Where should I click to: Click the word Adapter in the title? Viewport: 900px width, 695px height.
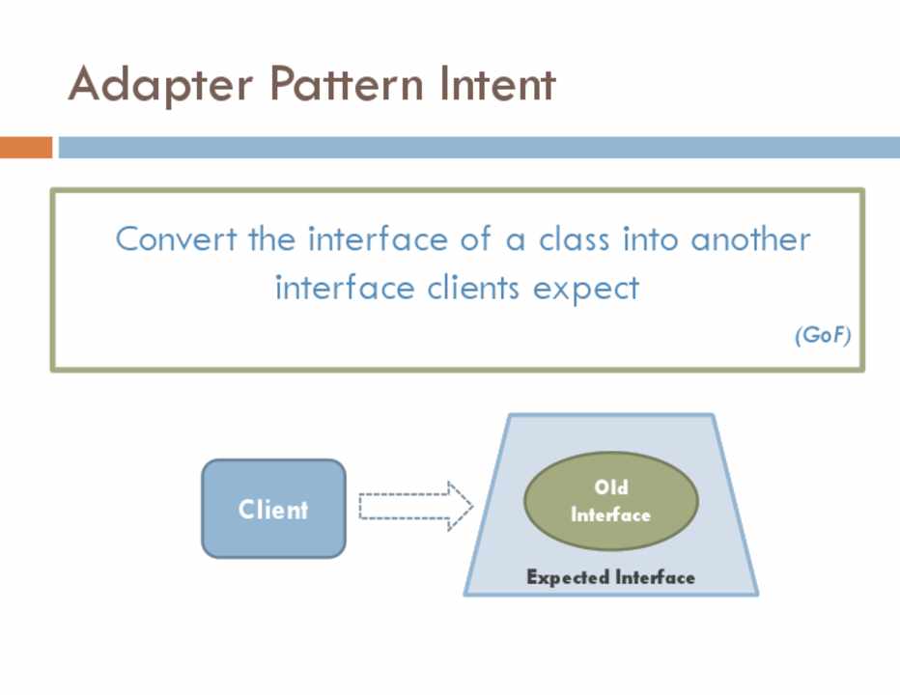point(160,85)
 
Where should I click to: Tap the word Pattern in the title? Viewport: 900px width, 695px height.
point(346,85)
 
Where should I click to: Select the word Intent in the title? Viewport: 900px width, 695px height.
point(497,85)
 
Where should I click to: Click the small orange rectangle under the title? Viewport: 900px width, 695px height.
point(26,148)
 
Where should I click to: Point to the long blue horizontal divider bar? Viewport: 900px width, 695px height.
point(478,148)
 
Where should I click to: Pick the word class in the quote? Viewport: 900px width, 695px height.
point(574,238)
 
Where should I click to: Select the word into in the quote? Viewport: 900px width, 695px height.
point(650,238)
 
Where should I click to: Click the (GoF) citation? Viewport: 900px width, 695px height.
point(823,336)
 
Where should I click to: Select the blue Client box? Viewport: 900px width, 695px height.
point(273,509)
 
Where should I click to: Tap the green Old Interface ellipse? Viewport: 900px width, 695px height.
point(610,501)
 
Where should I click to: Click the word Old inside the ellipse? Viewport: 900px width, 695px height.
point(610,487)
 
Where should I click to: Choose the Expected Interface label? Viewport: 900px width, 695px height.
point(610,577)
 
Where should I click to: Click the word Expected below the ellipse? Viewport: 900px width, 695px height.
point(566,577)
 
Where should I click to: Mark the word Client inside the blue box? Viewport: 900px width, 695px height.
point(273,509)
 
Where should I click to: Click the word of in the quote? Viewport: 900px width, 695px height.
point(474,238)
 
